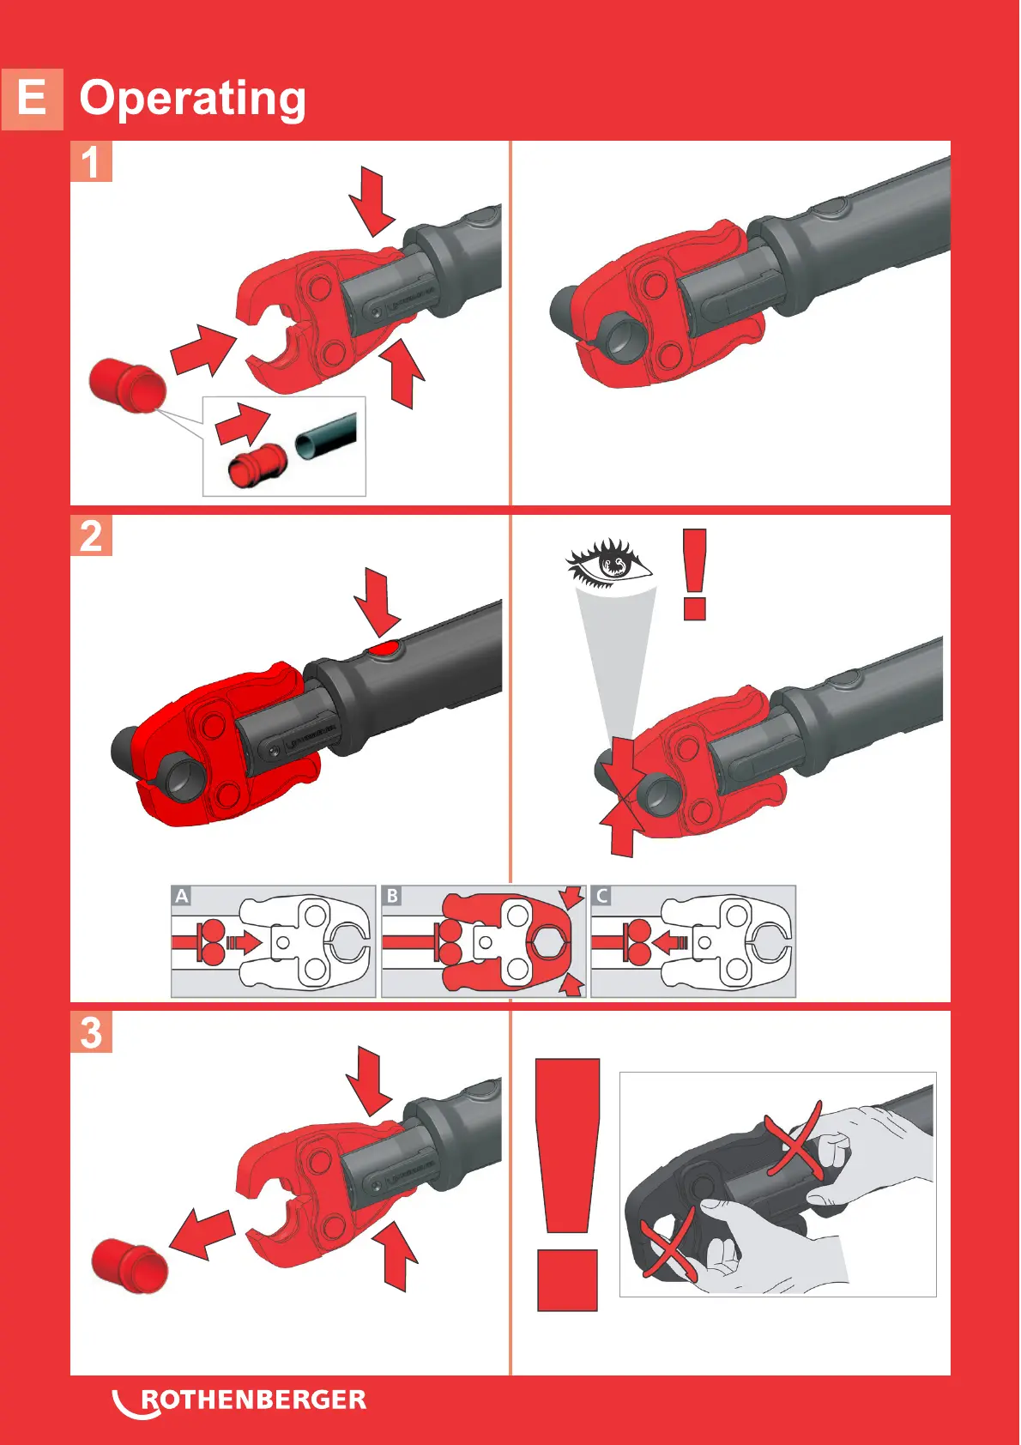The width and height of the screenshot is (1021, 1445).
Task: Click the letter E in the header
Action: pos(33,99)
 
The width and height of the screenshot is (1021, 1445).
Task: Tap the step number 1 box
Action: pos(91,161)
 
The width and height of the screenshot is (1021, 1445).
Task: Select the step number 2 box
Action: pos(91,535)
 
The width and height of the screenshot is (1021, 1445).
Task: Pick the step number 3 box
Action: pos(91,1032)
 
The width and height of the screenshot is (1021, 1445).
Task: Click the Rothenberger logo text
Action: pos(253,1400)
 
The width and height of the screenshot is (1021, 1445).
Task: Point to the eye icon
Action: pos(608,563)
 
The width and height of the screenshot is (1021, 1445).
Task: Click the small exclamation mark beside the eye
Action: pos(695,574)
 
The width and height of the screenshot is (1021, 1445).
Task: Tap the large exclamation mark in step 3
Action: pos(568,1184)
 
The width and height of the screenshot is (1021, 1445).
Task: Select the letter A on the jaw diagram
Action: pos(182,896)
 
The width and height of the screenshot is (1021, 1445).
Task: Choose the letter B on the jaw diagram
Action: pos(392,896)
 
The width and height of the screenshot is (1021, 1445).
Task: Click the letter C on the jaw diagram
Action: pos(601,896)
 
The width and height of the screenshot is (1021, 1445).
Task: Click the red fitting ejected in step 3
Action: pos(130,1267)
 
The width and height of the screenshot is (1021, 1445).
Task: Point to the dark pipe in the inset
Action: pos(327,438)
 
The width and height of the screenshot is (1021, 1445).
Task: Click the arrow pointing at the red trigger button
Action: pos(378,602)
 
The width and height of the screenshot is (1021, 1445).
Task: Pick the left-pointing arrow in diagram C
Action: pos(671,942)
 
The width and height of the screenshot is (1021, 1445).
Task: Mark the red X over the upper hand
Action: pos(794,1141)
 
